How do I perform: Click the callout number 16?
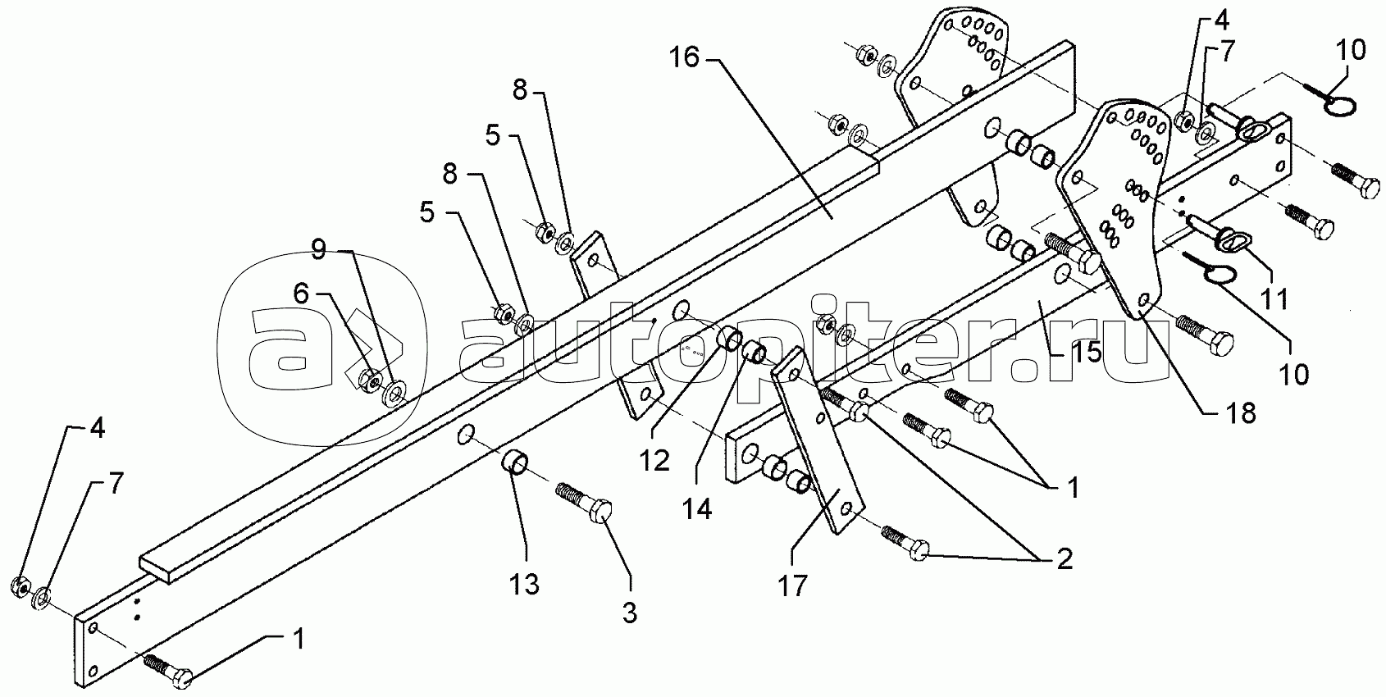click(x=684, y=58)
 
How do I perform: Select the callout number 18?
click(x=1241, y=413)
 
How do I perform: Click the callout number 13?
click(x=524, y=583)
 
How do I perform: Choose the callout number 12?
click(x=654, y=461)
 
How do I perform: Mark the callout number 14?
click(x=697, y=509)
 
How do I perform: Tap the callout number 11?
click(x=1274, y=299)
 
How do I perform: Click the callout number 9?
click(x=318, y=250)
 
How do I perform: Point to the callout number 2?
click(x=1065, y=560)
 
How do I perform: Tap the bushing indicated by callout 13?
click(x=515, y=462)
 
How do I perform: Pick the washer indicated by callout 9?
click(x=394, y=394)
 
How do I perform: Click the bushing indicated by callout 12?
click(x=730, y=339)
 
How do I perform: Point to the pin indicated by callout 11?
click(x=1217, y=236)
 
